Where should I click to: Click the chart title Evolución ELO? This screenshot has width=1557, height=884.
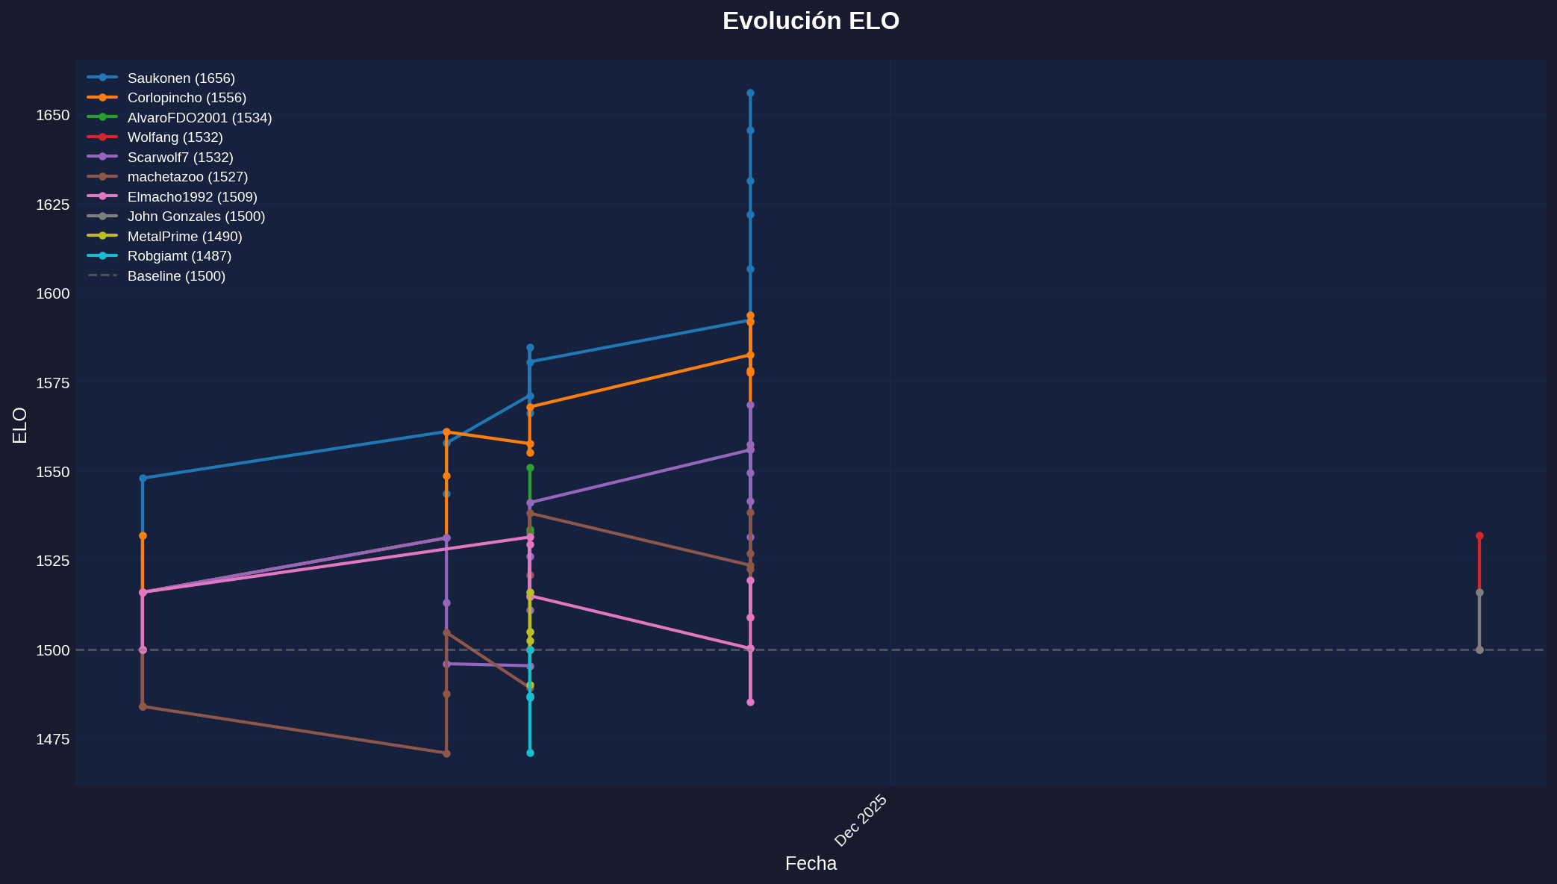coord(811,21)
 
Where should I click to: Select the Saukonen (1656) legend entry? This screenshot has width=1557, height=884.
coord(181,78)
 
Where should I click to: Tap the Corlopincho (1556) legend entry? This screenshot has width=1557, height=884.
coord(187,98)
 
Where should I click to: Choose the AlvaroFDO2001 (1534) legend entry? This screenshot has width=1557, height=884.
coord(199,118)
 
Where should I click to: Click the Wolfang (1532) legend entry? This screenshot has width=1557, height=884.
coord(175,137)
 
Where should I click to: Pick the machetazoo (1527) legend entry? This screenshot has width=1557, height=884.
coord(187,177)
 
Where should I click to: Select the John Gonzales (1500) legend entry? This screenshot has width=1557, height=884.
coord(196,217)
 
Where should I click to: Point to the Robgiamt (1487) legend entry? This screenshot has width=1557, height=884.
coord(179,256)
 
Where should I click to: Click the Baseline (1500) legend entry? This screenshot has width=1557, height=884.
coord(176,276)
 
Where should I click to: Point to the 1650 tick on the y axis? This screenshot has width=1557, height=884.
coord(53,115)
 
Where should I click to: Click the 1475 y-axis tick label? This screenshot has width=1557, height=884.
coord(53,739)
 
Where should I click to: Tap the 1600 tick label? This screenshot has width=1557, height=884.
coord(53,293)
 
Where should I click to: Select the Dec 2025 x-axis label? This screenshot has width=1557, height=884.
coord(861,821)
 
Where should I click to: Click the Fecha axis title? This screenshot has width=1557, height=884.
coord(811,864)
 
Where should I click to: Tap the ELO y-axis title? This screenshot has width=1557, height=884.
coord(20,425)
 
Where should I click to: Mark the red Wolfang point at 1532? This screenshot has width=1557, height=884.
coord(1479,536)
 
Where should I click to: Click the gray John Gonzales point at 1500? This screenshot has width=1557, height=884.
coord(1479,650)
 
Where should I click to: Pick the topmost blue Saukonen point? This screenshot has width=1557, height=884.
coord(750,93)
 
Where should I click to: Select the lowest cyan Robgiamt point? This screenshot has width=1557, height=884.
coord(530,753)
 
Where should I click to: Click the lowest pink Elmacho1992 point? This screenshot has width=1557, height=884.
coord(750,703)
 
